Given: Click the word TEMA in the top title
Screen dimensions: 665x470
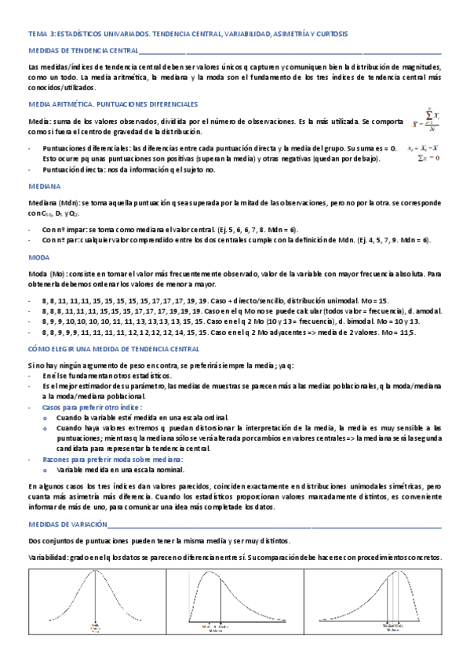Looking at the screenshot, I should tap(37, 35).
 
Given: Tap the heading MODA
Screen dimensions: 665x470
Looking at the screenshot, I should tap(38, 256).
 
